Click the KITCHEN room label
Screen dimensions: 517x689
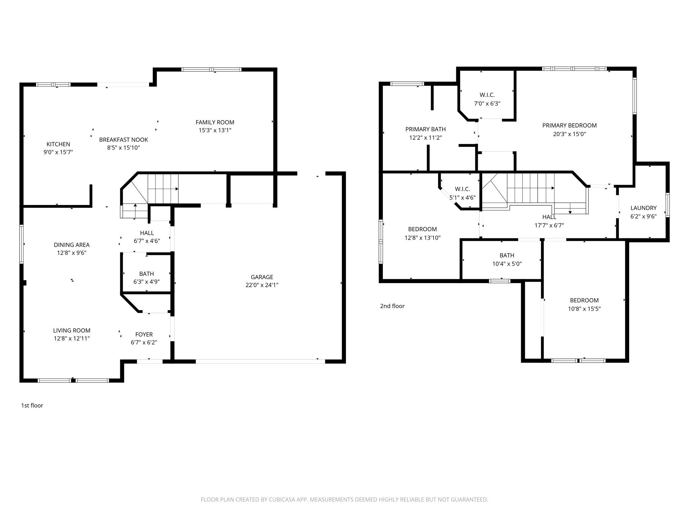point(58,144)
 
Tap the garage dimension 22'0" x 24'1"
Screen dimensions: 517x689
point(262,285)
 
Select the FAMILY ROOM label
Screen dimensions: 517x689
point(215,122)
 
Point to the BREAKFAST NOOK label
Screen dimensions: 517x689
point(123,140)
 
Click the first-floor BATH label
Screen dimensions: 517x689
point(146,274)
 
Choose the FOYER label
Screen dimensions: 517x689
point(144,334)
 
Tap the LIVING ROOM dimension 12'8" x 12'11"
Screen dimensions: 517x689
point(72,339)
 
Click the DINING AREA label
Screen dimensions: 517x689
point(72,245)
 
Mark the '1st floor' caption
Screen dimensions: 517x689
point(32,406)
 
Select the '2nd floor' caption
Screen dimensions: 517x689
point(392,306)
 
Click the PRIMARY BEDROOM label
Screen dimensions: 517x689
point(569,126)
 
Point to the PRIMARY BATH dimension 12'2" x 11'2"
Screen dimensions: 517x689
point(425,138)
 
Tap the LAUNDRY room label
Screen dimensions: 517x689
point(643,208)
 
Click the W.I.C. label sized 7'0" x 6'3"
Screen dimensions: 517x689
point(487,95)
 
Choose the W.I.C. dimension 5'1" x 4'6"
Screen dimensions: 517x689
point(462,198)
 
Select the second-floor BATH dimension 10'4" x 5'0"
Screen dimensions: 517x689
point(507,264)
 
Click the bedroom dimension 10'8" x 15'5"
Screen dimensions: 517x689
point(584,309)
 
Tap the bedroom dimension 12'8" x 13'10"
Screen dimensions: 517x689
point(422,238)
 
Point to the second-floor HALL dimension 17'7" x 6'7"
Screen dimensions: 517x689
point(549,226)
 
